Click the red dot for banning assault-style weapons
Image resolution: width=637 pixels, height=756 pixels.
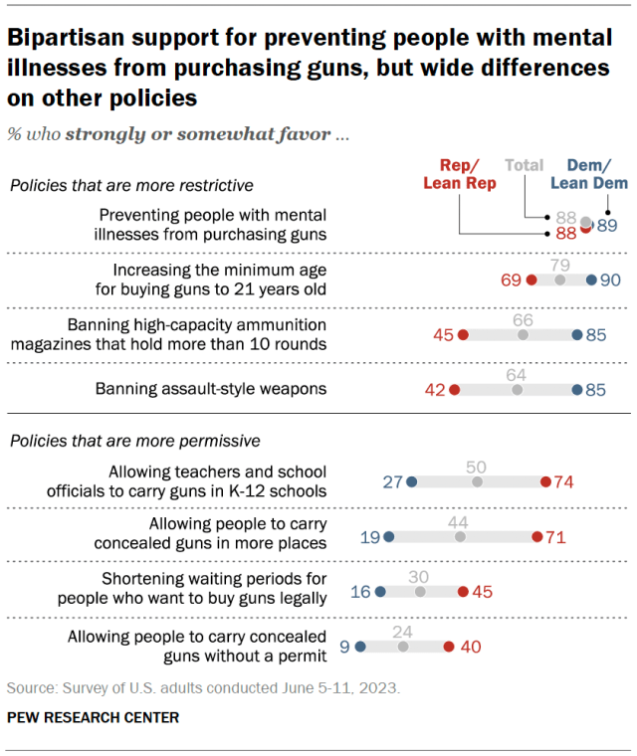pos(455,390)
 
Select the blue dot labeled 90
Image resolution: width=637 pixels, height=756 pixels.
pos(591,281)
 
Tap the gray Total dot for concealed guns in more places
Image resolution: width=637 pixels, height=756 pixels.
pos(460,537)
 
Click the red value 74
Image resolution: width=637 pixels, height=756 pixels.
pos(564,482)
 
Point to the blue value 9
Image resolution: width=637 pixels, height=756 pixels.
pos(344,647)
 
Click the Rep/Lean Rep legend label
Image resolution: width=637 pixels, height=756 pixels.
pos(460,175)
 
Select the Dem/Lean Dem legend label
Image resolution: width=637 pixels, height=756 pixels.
pos(597,175)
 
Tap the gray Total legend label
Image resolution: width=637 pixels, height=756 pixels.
pos(525,165)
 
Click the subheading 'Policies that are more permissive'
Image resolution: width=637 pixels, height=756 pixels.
pos(134,440)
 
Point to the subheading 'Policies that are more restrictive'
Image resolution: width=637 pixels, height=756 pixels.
pos(130,185)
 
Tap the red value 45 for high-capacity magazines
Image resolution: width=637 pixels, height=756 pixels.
pos(444,335)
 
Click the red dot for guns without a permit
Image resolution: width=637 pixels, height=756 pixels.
pos(449,647)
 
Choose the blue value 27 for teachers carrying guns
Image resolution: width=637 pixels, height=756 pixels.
pos(392,482)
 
